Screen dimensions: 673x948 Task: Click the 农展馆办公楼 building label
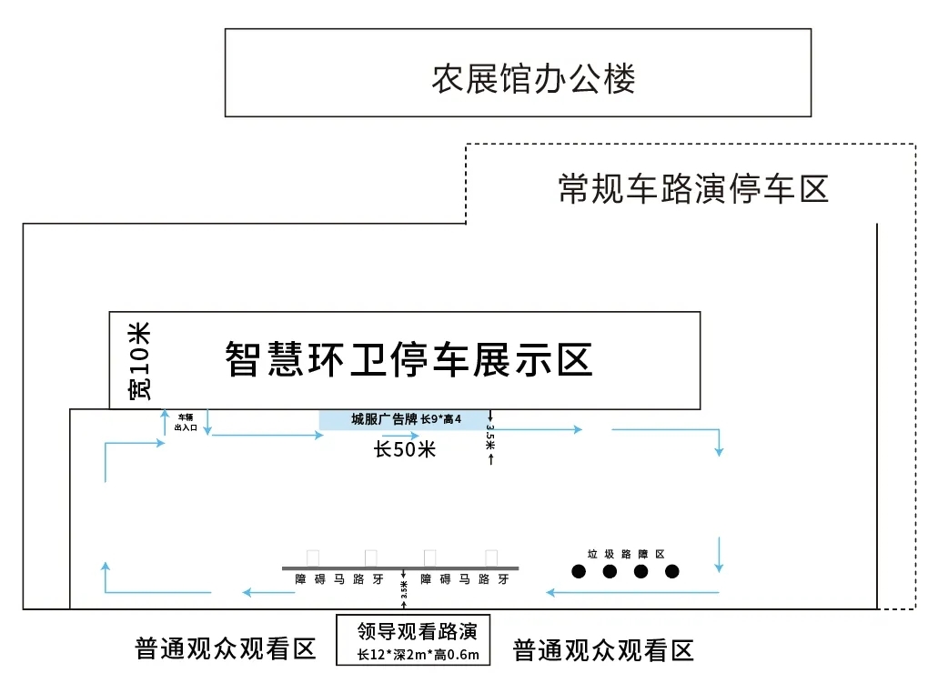click(533, 79)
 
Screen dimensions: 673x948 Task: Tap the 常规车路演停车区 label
click(693, 189)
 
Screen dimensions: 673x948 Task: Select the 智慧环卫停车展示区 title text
click(408, 359)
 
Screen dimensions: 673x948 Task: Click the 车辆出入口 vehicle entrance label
click(186, 420)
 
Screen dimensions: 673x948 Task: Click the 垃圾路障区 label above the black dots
click(626, 553)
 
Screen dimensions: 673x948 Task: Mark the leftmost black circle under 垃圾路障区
click(579, 571)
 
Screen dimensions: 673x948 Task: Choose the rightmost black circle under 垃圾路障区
click(672, 571)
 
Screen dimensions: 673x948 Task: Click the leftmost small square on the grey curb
click(313, 557)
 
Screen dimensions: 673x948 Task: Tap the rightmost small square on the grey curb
click(491, 557)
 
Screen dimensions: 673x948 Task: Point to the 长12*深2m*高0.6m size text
click(418, 654)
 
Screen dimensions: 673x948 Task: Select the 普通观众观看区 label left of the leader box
click(225, 648)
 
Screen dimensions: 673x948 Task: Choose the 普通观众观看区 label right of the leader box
click(603, 649)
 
